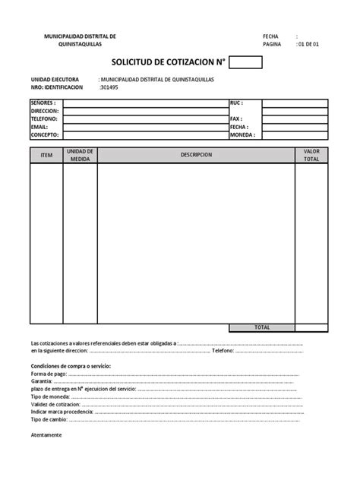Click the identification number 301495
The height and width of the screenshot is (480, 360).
[109, 87]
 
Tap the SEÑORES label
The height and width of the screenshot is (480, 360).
[43, 102]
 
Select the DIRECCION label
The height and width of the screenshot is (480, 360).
[45, 110]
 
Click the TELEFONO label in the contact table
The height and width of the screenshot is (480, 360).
[44, 119]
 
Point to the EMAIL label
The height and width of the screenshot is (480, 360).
[39, 127]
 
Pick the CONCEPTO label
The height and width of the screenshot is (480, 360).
[44, 135]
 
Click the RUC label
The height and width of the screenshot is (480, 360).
[235, 102]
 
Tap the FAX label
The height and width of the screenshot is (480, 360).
[235, 119]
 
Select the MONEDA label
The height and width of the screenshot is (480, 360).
[242, 135]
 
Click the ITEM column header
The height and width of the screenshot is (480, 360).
[46, 155]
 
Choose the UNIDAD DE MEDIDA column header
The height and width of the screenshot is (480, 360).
[80, 155]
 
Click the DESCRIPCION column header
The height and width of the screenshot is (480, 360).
[196, 155]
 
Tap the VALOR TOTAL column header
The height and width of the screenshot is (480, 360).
[311, 155]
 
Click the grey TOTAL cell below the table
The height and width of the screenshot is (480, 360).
[262, 327]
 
